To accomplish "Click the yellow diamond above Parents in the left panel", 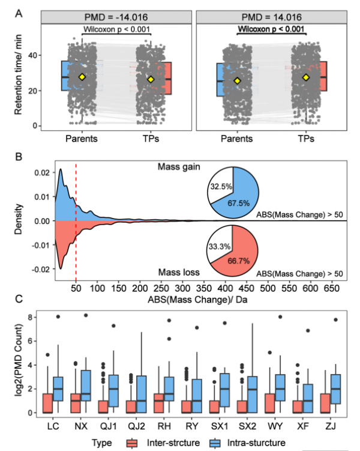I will click(x=82, y=77).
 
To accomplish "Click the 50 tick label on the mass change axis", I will click(x=76, y=289).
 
